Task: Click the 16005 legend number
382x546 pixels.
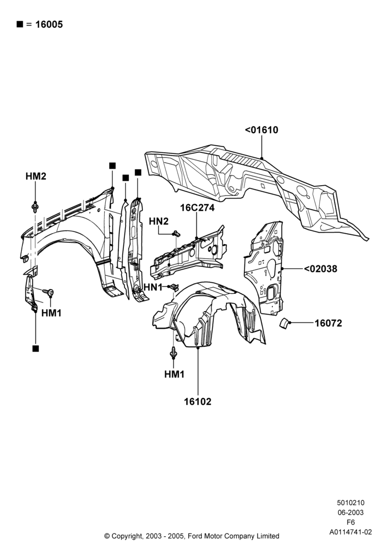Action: (x=49, y=25)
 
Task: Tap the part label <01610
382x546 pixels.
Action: (x=261, y=130)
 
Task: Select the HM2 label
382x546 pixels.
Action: (x=36, y=176)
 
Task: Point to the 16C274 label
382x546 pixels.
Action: (x=197, y=208)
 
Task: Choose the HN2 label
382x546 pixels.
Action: (x=159, y=221)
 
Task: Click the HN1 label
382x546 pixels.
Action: (x=153, y=288)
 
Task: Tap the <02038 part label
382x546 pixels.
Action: (x=320, y=269)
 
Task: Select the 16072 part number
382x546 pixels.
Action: (x=329, y=323)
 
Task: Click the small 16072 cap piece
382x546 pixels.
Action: (x=284, y=323)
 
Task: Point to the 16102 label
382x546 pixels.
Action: (x=198, y=401)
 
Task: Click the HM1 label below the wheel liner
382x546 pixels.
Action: (x=174, y=375)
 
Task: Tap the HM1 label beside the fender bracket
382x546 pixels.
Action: (x=51, y=313)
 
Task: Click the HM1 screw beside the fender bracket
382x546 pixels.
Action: (x=49, y=292)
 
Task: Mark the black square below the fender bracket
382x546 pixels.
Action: (x=35, y=348)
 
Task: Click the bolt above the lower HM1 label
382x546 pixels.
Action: (x=173, y=353)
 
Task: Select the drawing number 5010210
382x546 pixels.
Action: (x=351, y=503)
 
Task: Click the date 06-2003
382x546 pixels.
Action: (x=351, y=513)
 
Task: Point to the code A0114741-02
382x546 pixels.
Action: (x=351, y=532)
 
